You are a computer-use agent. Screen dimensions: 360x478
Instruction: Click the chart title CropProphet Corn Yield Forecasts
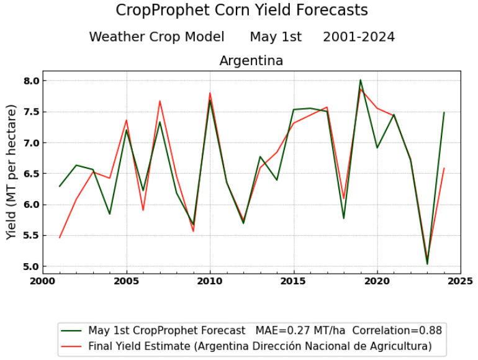point(241,11)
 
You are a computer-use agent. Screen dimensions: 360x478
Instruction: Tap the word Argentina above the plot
point(251,61)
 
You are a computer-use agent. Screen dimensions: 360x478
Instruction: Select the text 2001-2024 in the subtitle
point(358,37)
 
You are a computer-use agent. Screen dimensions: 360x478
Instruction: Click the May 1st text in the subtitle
point(275,37)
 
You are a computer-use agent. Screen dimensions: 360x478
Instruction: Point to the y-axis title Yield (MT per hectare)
point(12,173)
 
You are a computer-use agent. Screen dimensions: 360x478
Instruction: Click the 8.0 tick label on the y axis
point(32,81)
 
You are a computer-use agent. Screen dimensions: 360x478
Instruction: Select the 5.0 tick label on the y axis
point(32,267)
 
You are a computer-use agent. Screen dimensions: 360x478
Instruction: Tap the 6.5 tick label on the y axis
point(32,174)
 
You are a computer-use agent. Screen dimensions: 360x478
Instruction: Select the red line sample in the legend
point(73,346)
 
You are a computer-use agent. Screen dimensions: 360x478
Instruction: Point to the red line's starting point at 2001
point(60,238)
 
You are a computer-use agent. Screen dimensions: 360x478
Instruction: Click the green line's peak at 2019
point(360,80)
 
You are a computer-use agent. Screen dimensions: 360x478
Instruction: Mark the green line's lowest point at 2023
point(427,264)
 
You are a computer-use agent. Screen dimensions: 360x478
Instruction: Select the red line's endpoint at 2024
point(444,168)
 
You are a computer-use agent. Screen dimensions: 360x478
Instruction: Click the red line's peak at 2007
point(160,101)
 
